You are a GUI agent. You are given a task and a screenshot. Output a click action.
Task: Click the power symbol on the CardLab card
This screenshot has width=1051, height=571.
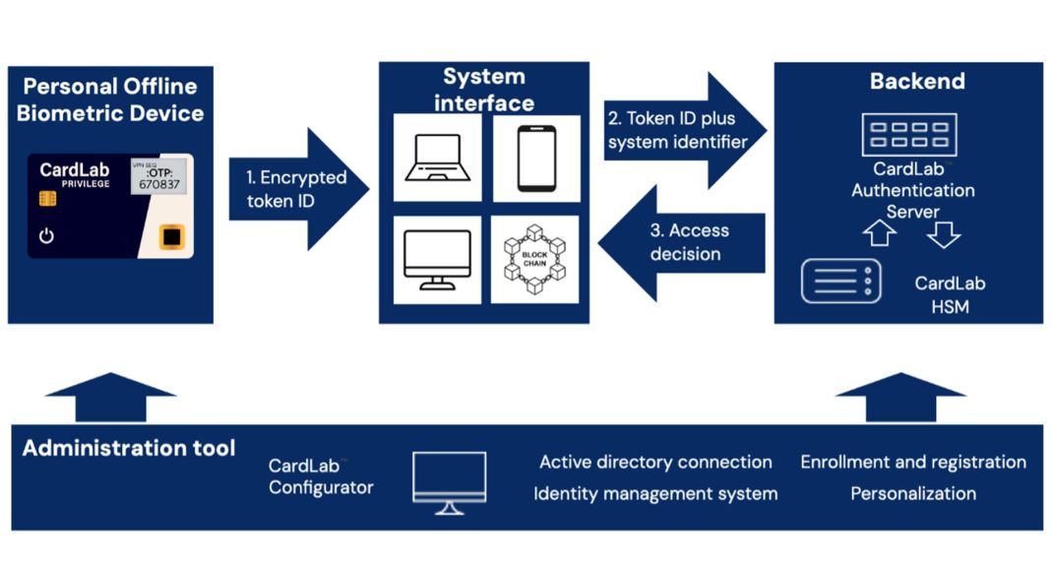tap(45, 236)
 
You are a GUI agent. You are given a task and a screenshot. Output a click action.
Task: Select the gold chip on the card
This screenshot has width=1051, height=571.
tap(47, 199)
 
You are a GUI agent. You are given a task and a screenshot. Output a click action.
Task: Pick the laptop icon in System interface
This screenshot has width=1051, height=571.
tap(437, 158)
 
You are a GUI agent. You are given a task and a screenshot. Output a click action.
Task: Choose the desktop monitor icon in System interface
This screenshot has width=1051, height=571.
tap(437, 260)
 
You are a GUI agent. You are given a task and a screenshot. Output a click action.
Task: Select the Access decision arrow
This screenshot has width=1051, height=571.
tap(682, 242)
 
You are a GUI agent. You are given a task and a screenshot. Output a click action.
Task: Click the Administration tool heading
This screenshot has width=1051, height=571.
tap(129, 449)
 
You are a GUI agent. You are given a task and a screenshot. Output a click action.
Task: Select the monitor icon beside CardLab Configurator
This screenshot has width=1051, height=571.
tap(449, 480)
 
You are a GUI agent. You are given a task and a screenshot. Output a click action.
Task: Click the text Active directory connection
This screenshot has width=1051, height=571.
tap(655, 462)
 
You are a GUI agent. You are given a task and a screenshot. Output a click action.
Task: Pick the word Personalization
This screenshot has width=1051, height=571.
tap(913, 493)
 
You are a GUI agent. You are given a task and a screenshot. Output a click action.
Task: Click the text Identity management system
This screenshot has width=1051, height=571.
tap(655, 493)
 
